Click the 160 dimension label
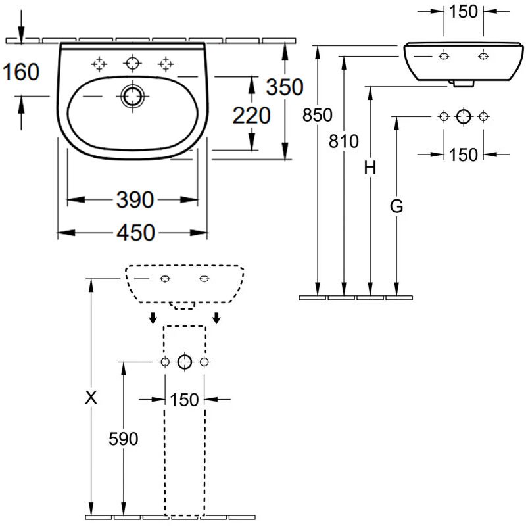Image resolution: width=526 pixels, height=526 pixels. (21, 72)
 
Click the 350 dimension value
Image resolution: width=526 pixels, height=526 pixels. (284, 86)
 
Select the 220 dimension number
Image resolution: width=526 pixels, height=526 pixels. (251, 115)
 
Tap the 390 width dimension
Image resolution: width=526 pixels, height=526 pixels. (134, 199)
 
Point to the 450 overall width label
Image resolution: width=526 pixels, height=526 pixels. (134, 233)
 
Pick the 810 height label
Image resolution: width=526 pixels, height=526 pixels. (343, 141)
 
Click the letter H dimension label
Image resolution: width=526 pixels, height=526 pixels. (370, 168)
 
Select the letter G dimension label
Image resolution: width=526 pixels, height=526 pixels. (396, 207)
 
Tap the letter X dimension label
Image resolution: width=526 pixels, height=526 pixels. (91, 397)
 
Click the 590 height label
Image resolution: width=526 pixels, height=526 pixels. (123, 439)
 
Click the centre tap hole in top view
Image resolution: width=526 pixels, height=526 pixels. (132, 63)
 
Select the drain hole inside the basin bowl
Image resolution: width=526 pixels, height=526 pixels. (132, 96)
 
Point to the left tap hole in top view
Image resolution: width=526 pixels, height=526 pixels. (99, 63)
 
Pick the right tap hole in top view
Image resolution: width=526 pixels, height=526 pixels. (165, 63)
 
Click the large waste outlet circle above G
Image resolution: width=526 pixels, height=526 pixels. (464, 116)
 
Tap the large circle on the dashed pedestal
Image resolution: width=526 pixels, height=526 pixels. (185, 362)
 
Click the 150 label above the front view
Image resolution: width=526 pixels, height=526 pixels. (464, 11)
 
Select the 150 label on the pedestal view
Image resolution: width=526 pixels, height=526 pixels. (185, 399)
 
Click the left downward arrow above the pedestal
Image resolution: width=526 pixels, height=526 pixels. (153, 318)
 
